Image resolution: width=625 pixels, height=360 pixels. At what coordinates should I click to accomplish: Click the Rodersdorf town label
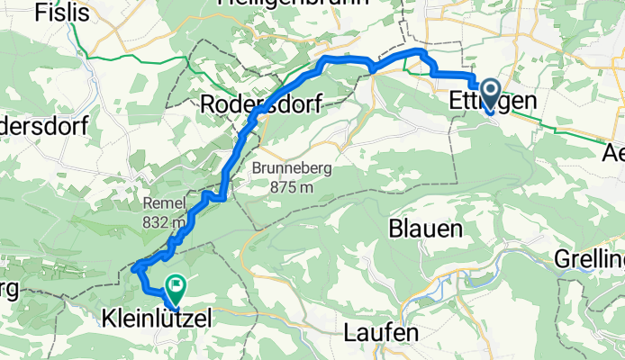(261, 103)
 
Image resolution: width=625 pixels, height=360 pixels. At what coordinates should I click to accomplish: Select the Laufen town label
(381, 332)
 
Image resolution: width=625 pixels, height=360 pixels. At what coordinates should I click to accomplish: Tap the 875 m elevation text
(283, 187)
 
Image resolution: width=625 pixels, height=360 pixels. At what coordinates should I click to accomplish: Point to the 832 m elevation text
(164, 221)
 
